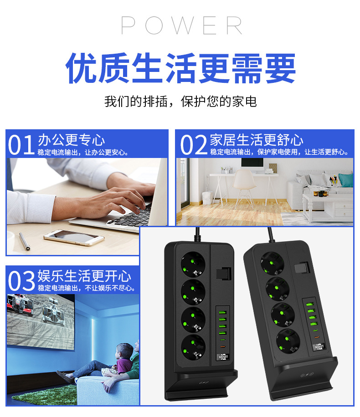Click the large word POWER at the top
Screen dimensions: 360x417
[x=182, y=25]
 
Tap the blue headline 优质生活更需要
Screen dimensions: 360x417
[x=180, y=68]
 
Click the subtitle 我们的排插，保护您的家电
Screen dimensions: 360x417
[x=180, y=102]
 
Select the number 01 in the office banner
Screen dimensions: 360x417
[x=21, y=145]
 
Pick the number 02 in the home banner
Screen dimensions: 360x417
[x=194, y=145]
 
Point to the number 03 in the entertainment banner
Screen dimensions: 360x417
[x=21, y=280]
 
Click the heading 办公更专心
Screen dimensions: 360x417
[x=72, y=140]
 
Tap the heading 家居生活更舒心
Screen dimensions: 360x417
[x=257, y=140]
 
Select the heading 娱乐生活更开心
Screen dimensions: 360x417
[x=84, y=276]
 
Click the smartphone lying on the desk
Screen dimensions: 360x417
[x=74, y=238]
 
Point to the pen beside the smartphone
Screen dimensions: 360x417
[x=24, y=241]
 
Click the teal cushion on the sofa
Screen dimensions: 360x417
[x=345, y=180]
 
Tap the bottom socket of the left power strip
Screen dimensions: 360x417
[x=193, y=347]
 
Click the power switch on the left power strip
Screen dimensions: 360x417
[x=223, y=274]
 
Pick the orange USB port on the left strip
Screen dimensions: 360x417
[x=222, y=347]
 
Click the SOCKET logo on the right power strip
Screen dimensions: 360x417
[x=319, y=347]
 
